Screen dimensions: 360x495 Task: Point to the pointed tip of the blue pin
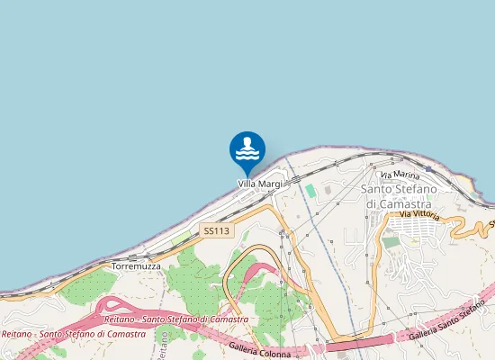click(247, 176)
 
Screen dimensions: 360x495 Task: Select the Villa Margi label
click(260, 184)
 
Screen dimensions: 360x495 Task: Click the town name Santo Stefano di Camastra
click(398, 196)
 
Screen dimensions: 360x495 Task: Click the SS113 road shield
click(217, 231)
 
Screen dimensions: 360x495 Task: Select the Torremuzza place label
click(135, 267)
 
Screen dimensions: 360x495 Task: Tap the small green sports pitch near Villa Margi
click(310, 192)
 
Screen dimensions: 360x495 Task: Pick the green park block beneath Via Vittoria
click(390, 242)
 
